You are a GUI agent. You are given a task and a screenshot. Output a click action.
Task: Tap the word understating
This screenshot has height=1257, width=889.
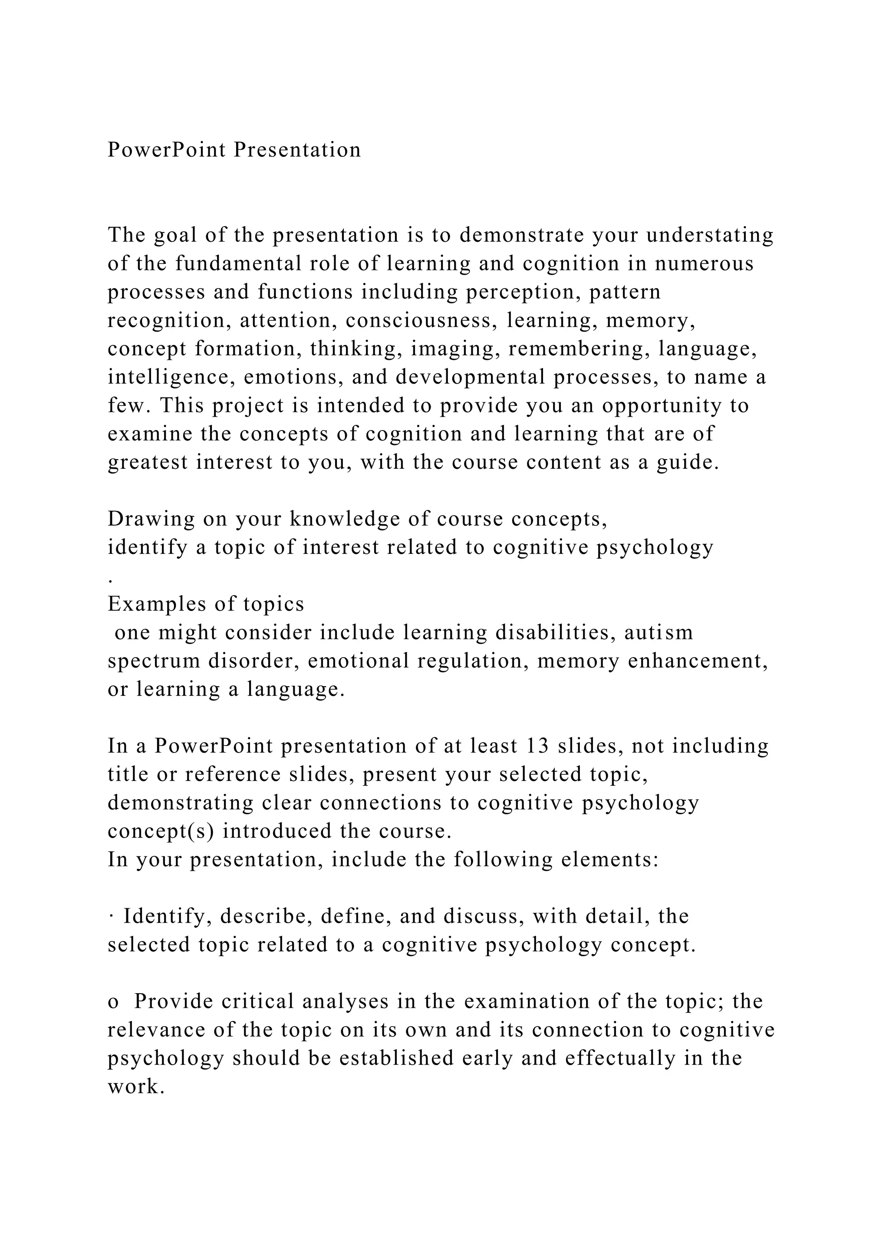pos(710,235)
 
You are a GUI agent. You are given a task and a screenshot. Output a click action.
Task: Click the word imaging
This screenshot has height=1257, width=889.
pos(455,349)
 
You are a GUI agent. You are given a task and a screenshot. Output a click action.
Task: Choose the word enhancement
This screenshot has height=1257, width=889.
pos(698,661)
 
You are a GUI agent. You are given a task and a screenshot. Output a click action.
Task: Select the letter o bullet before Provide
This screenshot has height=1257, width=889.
pos(113,1002)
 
